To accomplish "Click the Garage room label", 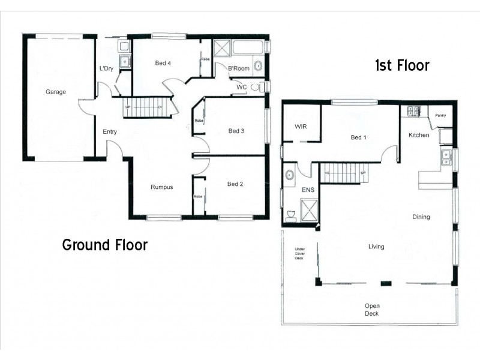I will [x=56, y=92].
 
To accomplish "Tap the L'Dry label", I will [x=106, y=68].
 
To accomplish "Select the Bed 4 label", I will [x=163, y=63].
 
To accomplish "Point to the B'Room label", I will [x=238, y=69].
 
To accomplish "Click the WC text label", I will [x=241, y=87].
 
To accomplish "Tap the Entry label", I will [x=110, y=132].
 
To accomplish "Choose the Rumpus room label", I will [x=161, y=187].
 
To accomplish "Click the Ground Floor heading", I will [x=105, y=245].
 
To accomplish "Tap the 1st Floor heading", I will [x=402, y=65].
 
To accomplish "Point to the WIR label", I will [x=301, y=127].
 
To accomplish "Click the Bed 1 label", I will [x=358, y=137].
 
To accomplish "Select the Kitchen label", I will [x=419, y=135].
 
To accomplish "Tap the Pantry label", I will [x=441, y=115].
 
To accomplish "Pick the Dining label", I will [x=421, y=217].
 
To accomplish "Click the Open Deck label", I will [x=372, y=310].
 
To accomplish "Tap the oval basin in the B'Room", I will [x=258, y=67].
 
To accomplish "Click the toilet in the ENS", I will [x=291, y=215].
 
